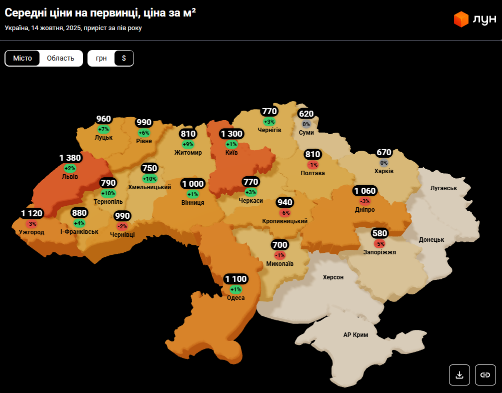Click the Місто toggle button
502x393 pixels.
point(22,58)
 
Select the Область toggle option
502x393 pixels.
point(60,58)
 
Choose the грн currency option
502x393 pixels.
point(101,58)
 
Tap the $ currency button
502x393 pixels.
point(124,58)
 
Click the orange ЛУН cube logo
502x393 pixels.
point(460,20)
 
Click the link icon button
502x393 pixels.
point(485,374)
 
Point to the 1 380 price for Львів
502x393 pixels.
point(70,158)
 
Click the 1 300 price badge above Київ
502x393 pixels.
point(231,134)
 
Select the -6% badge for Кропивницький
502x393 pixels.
point(285,213)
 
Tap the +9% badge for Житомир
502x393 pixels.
point(188,144)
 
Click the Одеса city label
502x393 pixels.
point(235,298)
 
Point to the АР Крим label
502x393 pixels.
point(355,335)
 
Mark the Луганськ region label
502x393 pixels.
point(443,188)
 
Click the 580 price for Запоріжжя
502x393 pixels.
point(379,233)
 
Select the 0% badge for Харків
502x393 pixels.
point(384,163)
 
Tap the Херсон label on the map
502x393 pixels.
point(333,277)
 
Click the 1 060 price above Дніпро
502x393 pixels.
point(364,191)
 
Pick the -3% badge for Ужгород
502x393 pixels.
point(31,224)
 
